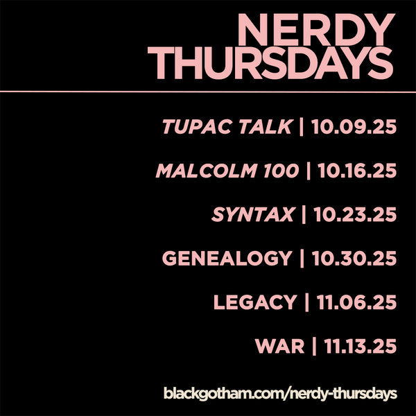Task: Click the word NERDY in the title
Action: (316, 30)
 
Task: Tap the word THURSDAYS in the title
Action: (270, 63)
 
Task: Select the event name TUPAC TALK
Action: (228, 127)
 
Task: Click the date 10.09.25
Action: (354, 127)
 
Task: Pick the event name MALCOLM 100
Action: (227, 171)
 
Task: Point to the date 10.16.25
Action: (357, 171)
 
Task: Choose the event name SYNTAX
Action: (253, 214)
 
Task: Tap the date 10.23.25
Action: (355, 214)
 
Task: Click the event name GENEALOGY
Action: (227, 258)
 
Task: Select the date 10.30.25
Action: (354, 258)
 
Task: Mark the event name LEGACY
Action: (255, 302)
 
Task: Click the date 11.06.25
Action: (356, 302)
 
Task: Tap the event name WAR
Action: (279, 346)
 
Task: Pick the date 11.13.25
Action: (360, 346)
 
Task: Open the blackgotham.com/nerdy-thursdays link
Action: (280, 393)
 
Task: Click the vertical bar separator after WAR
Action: (314, 346)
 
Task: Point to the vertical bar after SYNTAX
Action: (304, 215)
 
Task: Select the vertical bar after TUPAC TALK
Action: (302, 127)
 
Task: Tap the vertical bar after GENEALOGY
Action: (302, 259)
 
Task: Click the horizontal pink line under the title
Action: (208, 92)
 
